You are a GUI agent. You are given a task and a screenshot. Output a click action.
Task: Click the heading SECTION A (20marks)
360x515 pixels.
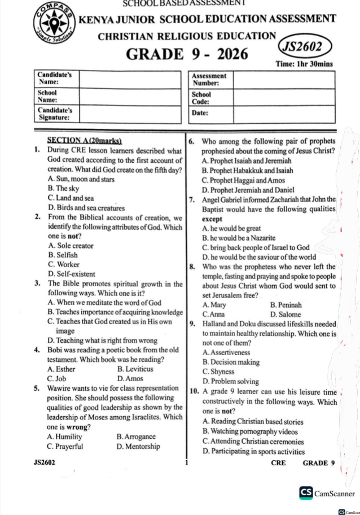pyautogui.click(x=85, y=141)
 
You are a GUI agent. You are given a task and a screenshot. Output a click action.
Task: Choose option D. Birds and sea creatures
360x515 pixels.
pyautogui.click(x=86, y=207)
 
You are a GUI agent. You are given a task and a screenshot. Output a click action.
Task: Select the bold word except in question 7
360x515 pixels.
pyautogui.click(x=212, y=219)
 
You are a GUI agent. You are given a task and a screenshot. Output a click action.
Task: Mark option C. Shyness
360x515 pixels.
pyautogui.click(x=218, y=372)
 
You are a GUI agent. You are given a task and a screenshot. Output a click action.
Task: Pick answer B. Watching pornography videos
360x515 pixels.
pyautogui.click(x=249, y=432)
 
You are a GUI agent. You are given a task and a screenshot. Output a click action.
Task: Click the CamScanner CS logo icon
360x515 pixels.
pyautogui.click(x=306, y=493)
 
